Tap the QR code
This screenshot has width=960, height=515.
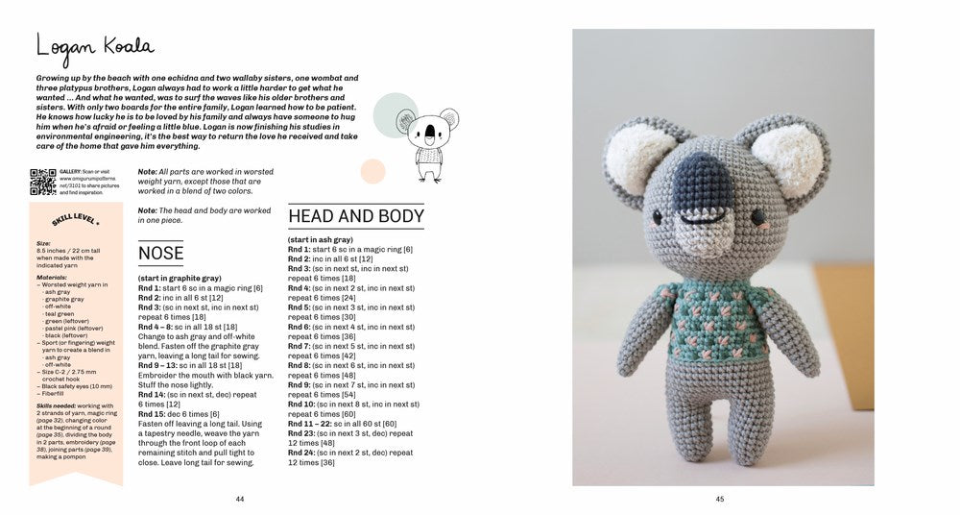point(43,182)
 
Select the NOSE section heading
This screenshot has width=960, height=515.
point(161,254)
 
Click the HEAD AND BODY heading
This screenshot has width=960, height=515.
point(356,215)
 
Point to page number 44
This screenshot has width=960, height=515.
point(240,498)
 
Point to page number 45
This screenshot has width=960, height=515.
point(719,498)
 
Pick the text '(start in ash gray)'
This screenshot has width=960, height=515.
point(321,239)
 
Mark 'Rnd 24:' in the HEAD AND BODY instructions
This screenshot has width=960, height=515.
point(302,452)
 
